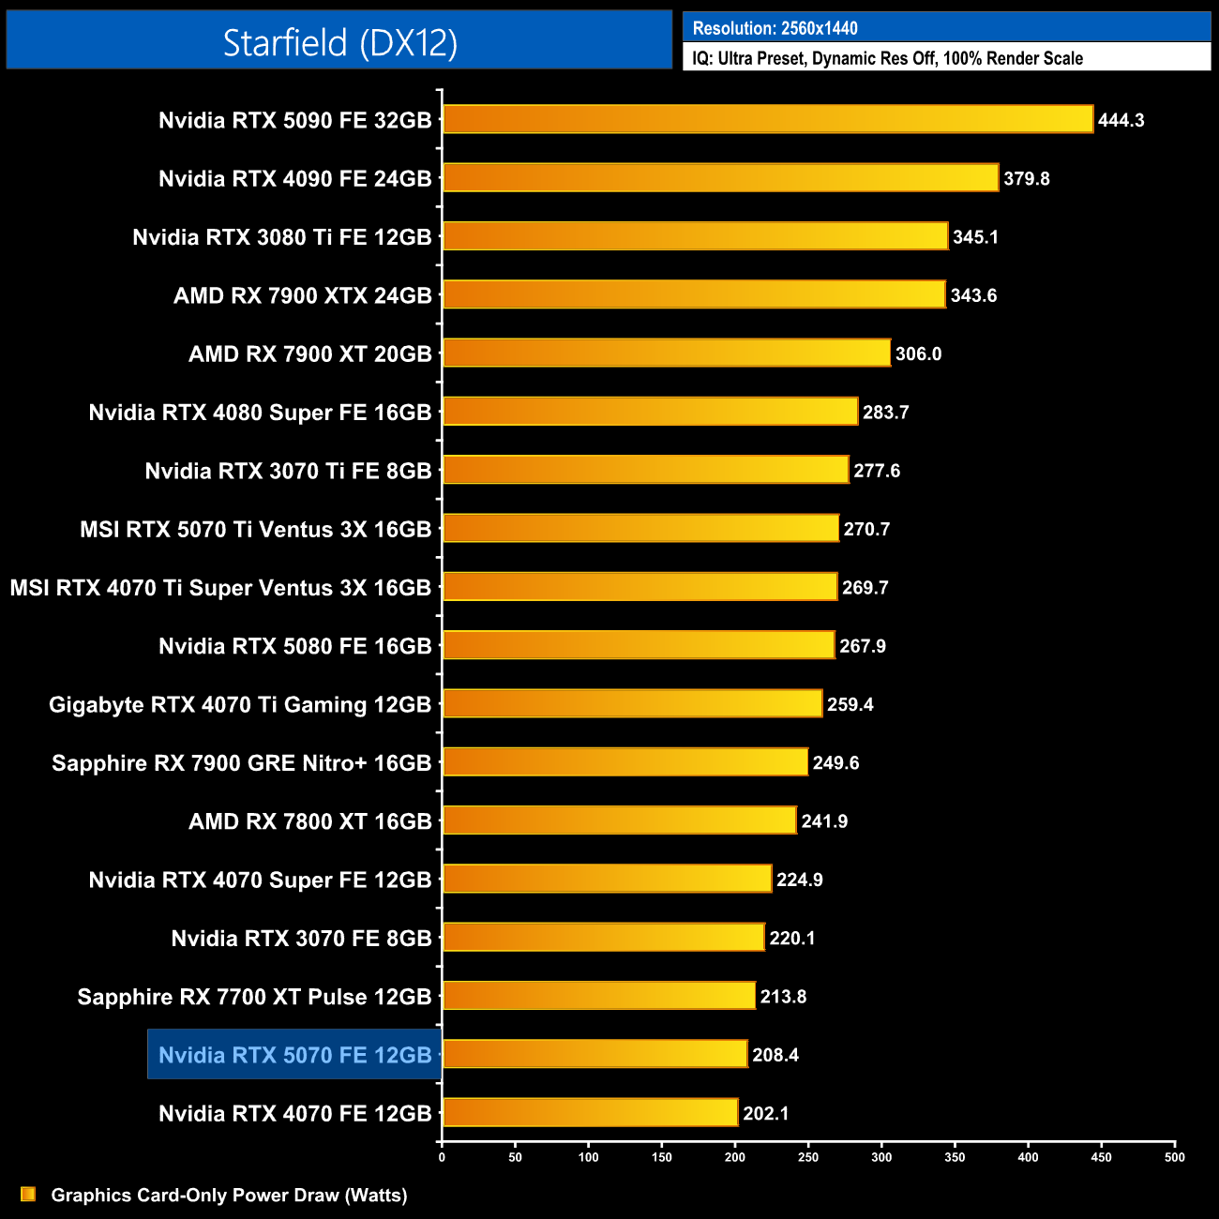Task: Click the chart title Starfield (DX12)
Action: (339, 42)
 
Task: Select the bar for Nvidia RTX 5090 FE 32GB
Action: (767, 120)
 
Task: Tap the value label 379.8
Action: (1026, 179)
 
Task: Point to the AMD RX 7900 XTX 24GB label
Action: (302, 296)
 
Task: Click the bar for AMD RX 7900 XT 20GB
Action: (666, 354)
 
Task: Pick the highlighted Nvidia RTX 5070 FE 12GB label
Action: (294, 1055)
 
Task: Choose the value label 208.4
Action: (775, 1055)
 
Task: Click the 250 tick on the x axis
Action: (808, 1157)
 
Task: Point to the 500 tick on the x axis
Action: (1174, 1157)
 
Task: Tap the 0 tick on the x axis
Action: (442, 1157)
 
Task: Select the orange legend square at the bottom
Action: (28, 1195)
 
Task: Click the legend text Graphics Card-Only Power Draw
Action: (229, 1196)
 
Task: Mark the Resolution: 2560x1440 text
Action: (775, 28)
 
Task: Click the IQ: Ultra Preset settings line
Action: (887, 58)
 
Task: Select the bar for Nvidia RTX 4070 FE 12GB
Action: (590, 1113)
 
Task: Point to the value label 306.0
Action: (918, 354)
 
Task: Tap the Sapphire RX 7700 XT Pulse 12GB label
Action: (254, 997)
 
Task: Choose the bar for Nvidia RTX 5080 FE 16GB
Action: (638, 646)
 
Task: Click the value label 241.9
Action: (824, 821)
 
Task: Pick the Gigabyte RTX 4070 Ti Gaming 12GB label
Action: (240, 705)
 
